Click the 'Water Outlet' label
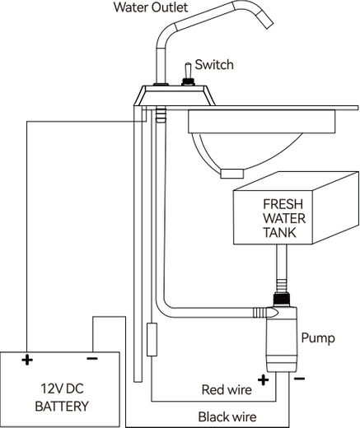[x=151, y=7]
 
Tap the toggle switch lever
[x=188, y=71]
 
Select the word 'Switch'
[x=214, y=65]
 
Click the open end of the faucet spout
[x=269, y=26]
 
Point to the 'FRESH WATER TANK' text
[x=284, y=218]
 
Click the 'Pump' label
[x=318, y=337]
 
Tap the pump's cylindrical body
[x=283, y=340]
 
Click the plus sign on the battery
[x=27, y=360]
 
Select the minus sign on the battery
[x=92, y=358]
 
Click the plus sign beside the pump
[x=263, y=380]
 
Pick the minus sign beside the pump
[x=299, y=379]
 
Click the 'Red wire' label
[x=227, y=390]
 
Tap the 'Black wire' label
[x=227, y=416]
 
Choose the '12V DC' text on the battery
[x=62, y=388]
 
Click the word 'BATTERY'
[x=62, y=407]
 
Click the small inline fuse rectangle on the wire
[x=152, y=340]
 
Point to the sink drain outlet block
[x=232, y=174]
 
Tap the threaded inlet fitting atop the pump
[x=282, y=300]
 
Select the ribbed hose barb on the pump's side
[x=259, y=313]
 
